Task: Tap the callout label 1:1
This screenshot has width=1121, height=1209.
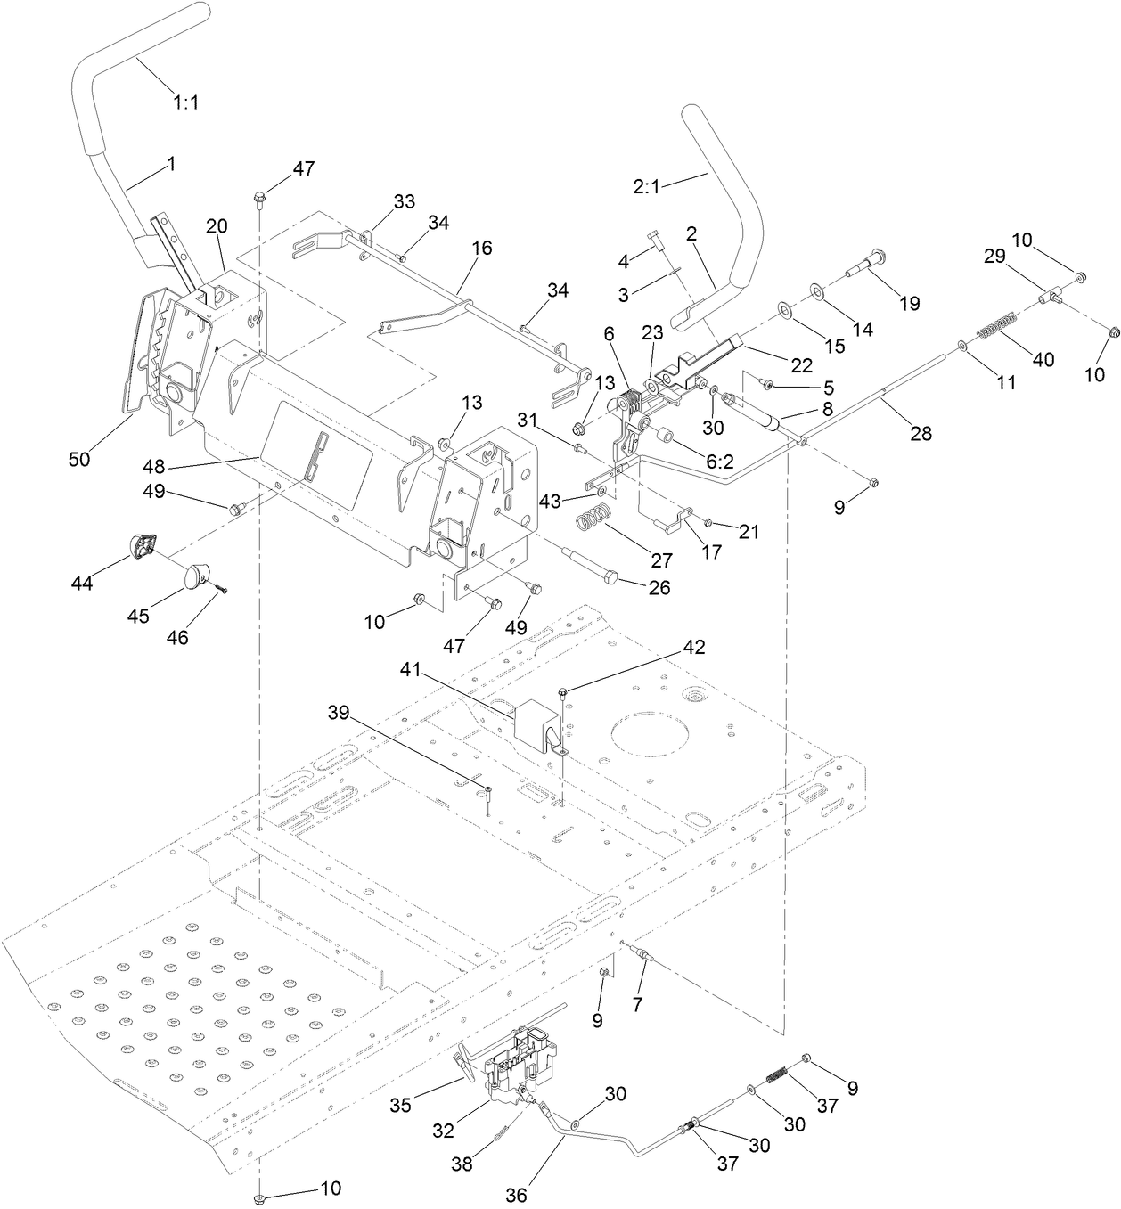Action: point(185,102)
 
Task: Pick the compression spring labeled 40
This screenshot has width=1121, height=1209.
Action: point(997,325)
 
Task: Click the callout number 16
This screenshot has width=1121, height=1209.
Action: point(481,248)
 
